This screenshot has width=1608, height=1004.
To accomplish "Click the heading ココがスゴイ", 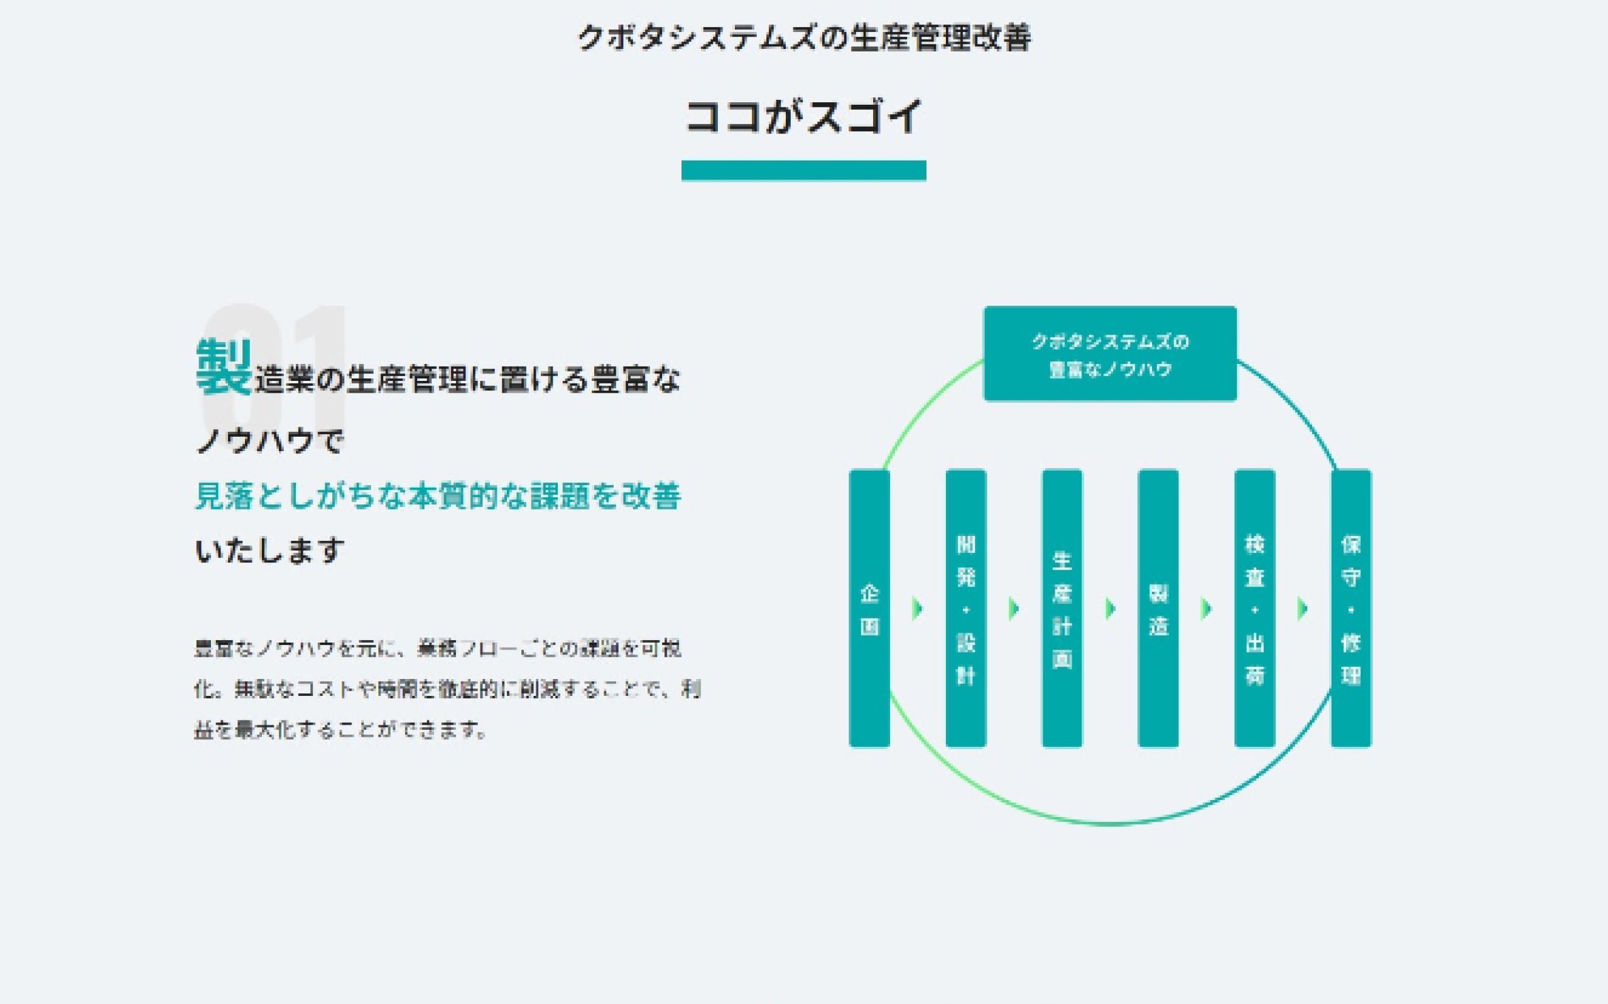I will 803,116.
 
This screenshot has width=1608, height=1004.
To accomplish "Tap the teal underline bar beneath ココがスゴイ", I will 803,171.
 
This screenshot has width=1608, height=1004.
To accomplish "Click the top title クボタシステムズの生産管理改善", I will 804,37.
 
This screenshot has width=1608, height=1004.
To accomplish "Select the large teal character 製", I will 224,367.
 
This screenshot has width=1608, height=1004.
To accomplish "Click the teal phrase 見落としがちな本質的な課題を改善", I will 438,496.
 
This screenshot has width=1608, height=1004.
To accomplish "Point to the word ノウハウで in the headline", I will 269,441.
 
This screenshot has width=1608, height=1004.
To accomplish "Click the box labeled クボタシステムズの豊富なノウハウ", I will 1110,354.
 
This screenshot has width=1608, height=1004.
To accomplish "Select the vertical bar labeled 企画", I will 869,608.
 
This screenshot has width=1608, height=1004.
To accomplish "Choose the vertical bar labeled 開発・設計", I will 965,608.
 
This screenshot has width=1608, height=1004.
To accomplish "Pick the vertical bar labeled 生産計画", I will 1062,608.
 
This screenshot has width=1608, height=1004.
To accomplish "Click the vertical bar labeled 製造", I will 1158,608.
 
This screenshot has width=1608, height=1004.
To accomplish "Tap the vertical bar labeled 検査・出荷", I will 1254,608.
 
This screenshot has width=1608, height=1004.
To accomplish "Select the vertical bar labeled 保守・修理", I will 1351,608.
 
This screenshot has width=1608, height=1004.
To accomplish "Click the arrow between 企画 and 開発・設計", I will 918,608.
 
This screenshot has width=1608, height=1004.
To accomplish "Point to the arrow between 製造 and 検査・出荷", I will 1207,608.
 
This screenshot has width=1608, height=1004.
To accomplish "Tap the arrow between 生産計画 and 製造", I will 1111,608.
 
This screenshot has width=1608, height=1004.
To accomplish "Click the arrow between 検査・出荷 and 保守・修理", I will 1303,608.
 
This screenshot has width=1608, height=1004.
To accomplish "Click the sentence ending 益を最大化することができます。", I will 340,730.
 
